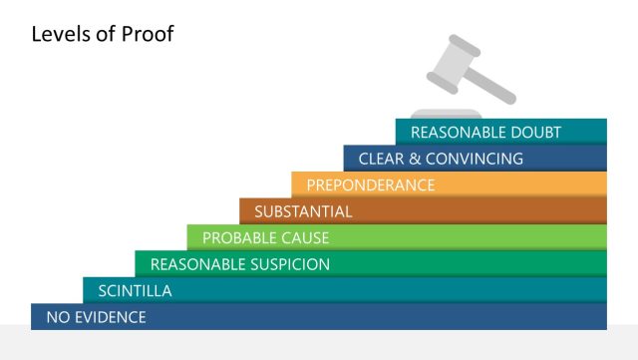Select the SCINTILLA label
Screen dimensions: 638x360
click(135, 291)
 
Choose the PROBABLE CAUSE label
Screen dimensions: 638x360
click(265, 237)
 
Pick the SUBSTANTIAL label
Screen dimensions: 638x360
click(303, 211)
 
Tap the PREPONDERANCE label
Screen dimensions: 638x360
click(371, 184)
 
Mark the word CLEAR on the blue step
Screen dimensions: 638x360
click(379, 159)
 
